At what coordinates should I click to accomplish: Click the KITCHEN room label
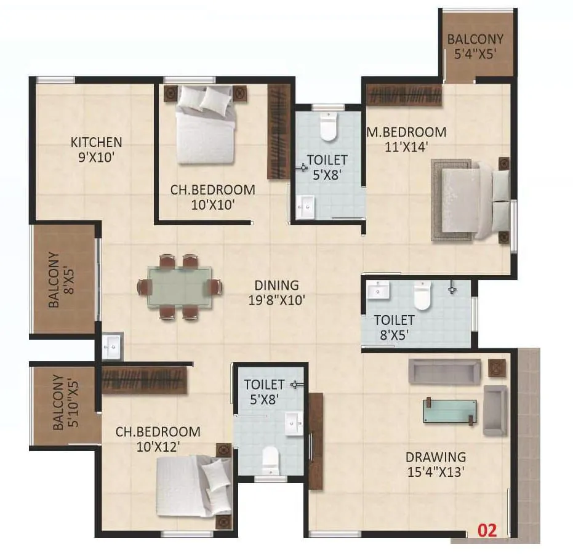[x=96, y=149]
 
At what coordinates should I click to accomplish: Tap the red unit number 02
[x=487, y=529]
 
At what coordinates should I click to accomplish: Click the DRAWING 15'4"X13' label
[x=435, y=465]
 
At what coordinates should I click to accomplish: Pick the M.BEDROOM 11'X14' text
[x=406, y=139]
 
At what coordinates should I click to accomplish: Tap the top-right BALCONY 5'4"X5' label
[x=475, y=46]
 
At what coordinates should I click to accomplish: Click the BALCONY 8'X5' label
[x=61, y=280]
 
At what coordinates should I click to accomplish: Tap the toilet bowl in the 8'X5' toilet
[x=423, y=296]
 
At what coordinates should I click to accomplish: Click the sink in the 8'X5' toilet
[x=376, y=290]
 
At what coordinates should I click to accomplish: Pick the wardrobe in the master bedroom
[x=404, y=95]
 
